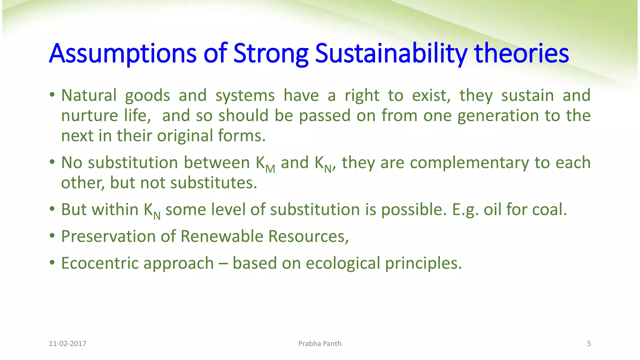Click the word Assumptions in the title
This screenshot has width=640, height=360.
(122, 53)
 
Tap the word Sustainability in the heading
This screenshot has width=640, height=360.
(391, 53)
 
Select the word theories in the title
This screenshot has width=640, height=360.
(521, 53)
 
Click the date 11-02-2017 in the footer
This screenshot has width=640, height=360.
(67, 344)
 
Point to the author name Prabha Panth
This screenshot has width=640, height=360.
(320, 344)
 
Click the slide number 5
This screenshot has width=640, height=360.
(589, 344)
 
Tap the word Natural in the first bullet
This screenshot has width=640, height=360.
(89, 95)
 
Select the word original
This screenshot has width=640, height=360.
(185, 136)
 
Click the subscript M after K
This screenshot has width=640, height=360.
(270, 169)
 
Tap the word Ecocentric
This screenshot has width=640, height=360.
(100, 263)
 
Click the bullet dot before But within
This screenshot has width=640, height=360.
(52, 209)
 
